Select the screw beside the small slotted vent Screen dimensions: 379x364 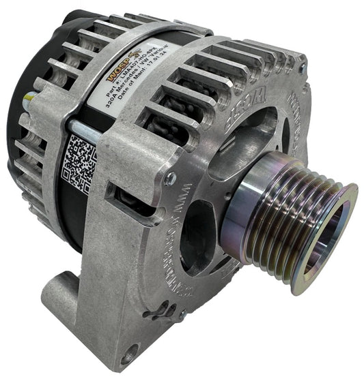coord(180,315)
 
